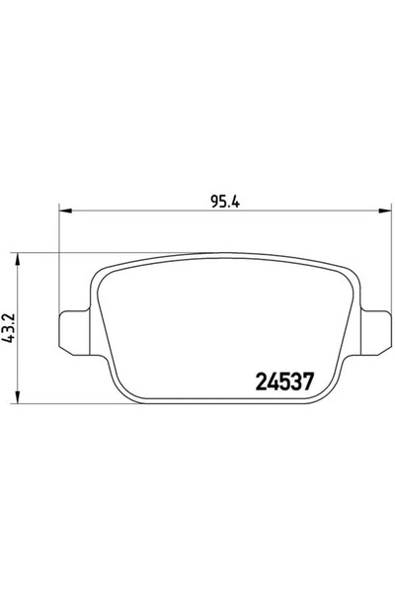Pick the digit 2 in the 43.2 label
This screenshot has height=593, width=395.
(x=9, y=316)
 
